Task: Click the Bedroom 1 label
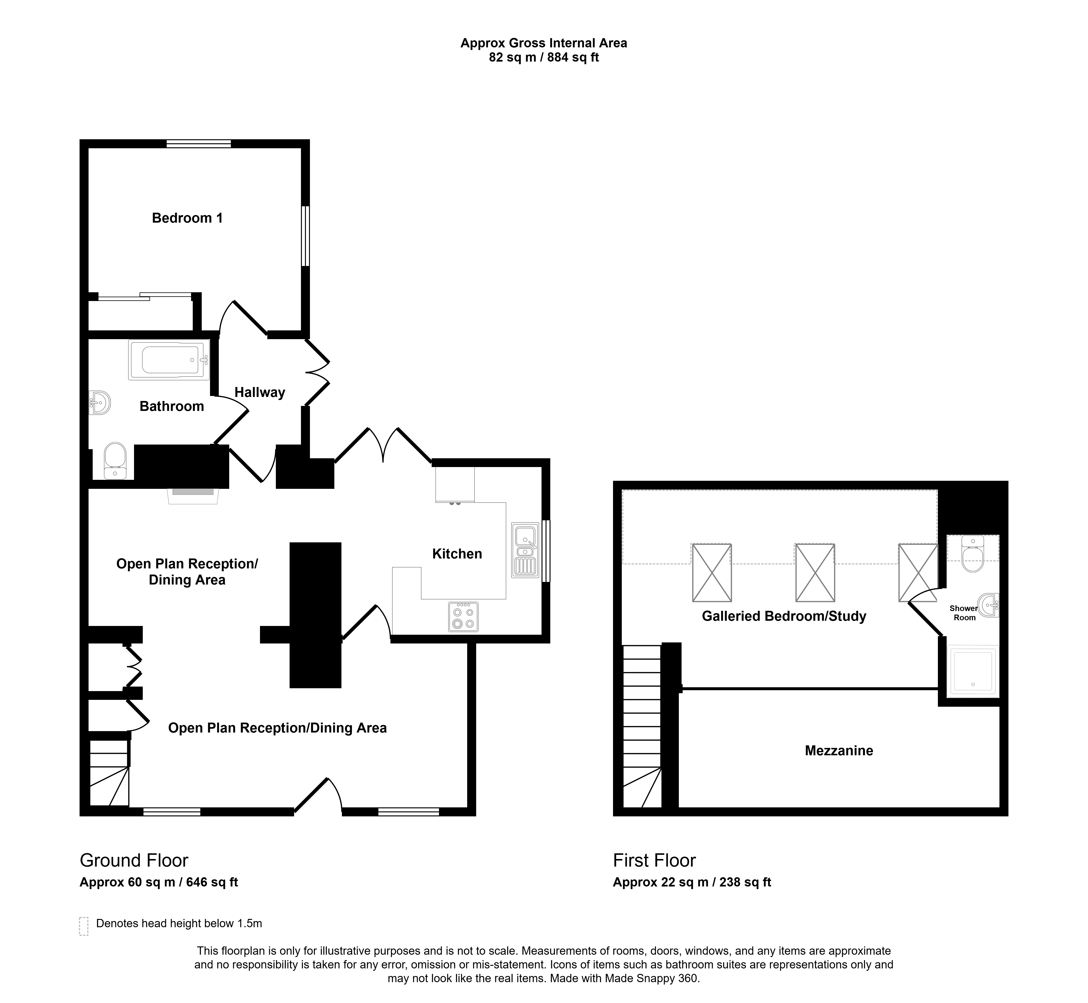187,218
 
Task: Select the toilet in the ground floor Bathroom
115,461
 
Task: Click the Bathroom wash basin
100,403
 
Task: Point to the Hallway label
260,392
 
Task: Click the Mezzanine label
839,751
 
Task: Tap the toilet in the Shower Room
972,554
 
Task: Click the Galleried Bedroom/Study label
784,616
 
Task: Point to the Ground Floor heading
134,860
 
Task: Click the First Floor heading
654,860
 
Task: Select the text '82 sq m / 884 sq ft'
544,58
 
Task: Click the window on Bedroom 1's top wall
199,144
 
